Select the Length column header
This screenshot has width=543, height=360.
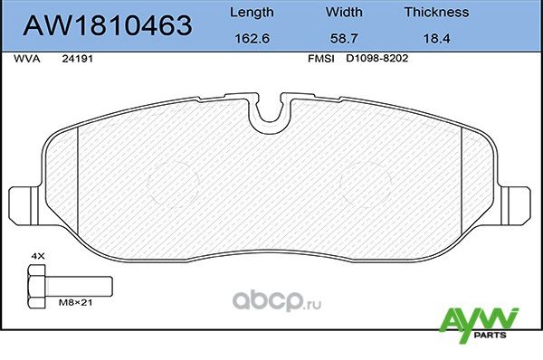coord(252,13)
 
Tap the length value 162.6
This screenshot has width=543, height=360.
coord(252,40)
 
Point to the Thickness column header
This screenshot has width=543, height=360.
coord(436,13)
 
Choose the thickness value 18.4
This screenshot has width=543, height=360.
coord(436,40)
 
